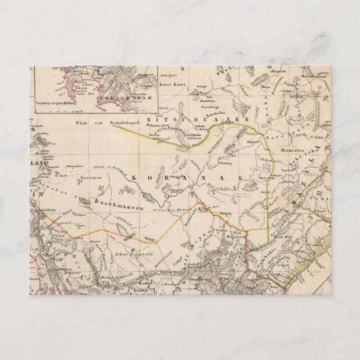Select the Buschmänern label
click(114, 200)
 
